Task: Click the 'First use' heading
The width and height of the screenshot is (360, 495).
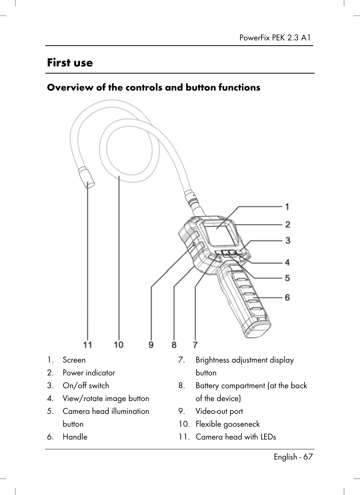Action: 70,63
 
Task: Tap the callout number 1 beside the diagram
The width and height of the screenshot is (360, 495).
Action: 287,207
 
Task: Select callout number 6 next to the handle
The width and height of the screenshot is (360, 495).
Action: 287,298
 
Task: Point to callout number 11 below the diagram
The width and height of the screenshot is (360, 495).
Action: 88,344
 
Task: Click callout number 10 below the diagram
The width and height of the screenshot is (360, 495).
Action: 118,344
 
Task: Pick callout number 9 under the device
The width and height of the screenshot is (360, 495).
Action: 151,344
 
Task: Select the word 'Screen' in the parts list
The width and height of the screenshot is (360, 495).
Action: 74,360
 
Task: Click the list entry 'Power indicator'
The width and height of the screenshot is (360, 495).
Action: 89,373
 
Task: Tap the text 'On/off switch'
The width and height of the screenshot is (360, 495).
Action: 86,386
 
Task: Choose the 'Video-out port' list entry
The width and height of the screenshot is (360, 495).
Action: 219,412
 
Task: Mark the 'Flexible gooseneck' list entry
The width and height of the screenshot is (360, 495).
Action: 228,424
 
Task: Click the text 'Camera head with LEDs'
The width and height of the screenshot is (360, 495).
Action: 235,437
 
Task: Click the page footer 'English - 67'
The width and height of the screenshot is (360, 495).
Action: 293,457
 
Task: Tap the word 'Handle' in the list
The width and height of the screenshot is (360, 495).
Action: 75,437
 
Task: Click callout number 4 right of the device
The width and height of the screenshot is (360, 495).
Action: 287,262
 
